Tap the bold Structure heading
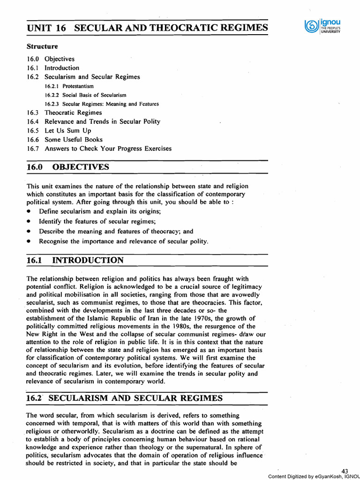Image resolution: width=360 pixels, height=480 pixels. point(42,47)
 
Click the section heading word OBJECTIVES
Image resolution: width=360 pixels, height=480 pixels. point(81,167)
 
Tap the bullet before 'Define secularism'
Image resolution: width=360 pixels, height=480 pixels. point(29,212)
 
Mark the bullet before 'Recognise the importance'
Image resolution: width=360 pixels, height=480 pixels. point(29,242)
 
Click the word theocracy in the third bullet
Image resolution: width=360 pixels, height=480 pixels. point(164,232)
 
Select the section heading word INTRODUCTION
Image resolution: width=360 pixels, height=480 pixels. point(88,260)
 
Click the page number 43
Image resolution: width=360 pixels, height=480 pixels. point(345,471)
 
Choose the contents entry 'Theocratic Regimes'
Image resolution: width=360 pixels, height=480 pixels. point(73,112)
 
